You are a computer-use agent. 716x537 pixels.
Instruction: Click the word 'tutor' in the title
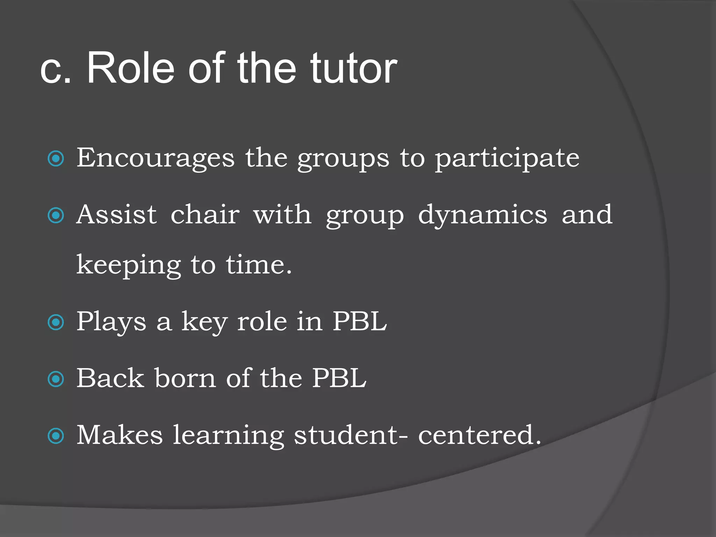pos(353,68)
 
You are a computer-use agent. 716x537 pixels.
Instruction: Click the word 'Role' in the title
pos(130,68)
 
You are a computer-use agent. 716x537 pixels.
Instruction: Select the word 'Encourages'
pos(156,158)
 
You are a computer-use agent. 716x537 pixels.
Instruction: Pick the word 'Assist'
pos(117,214)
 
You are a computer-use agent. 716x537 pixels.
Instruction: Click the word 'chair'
pos(205,214)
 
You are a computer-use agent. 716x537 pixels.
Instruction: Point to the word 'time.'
pos(259,265)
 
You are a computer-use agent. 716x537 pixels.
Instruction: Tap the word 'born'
pos(186,378)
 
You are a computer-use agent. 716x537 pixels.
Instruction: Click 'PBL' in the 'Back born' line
pos(339,378)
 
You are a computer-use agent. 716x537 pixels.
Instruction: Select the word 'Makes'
pos(120,435)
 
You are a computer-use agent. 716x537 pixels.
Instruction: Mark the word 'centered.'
pos(480,435)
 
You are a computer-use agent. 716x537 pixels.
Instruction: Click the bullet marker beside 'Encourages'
pos(56,159)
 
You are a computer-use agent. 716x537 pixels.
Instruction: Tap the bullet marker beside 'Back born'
pos(56,379)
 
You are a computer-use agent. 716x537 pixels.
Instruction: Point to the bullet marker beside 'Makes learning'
pos(56,436)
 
